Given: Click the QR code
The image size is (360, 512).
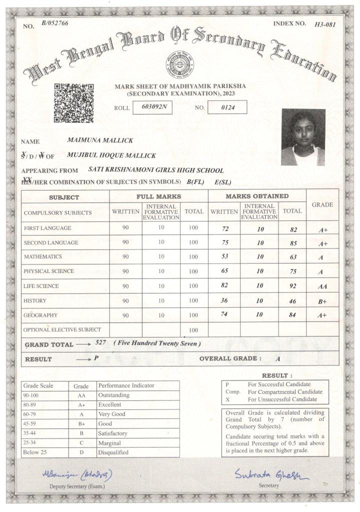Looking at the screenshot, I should (x=73, y=103).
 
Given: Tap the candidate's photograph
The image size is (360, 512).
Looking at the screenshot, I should (x=303, y=137).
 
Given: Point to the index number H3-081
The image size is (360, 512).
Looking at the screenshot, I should (x=325, y=24).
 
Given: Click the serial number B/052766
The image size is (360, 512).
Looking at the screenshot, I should (x=55, y=23).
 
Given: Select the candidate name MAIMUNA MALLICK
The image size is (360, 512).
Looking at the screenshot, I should (x=100, y=140).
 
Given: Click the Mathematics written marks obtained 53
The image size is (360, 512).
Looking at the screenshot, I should (x=224, y=257).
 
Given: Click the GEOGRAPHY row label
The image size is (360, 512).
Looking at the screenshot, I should (x=40, y=316).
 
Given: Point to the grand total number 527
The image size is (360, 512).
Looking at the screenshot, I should (x=101, y=343).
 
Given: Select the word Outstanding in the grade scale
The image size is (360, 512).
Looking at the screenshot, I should (x=114, y=395).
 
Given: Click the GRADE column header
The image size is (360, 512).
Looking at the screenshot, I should (x=322, y=205).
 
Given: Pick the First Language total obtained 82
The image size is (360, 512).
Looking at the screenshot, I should (x=293, y=230).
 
